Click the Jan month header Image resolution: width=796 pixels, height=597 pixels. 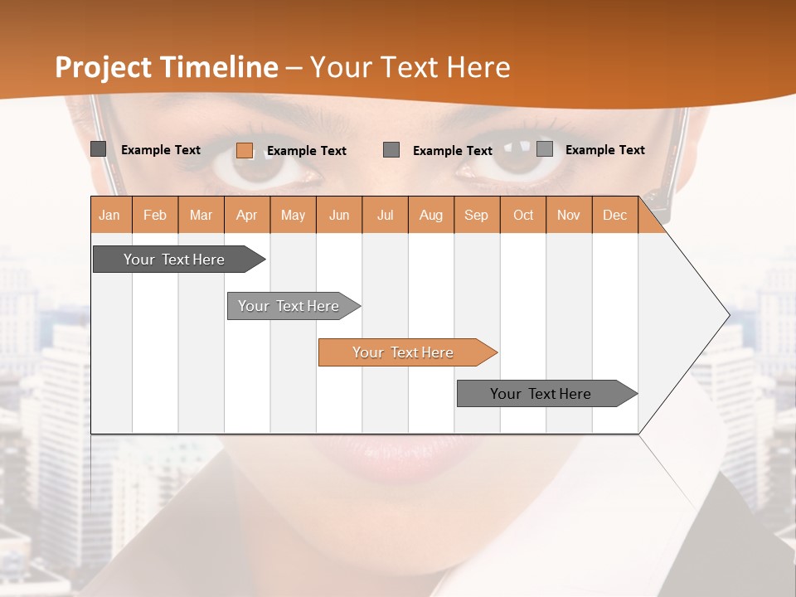click(109, 216)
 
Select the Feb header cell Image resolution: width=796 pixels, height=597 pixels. click(155, 216)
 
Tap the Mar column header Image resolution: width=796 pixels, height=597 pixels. click(201, 216)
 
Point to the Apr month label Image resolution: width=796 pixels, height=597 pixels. click(247, 216)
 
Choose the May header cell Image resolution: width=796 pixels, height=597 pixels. click(293, 216)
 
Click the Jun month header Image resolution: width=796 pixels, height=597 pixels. click(339, 216)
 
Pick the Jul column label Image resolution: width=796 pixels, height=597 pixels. click(385, 216)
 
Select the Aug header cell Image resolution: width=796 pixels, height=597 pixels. click(431, 216)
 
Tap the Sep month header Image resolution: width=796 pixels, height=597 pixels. click(477, 216)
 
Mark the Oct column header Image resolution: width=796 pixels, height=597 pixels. click(523, 216)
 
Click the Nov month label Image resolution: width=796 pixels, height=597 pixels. click(569, 216)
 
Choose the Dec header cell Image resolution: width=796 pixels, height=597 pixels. click(615, 216)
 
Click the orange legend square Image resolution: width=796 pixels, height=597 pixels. click(245, 150)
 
